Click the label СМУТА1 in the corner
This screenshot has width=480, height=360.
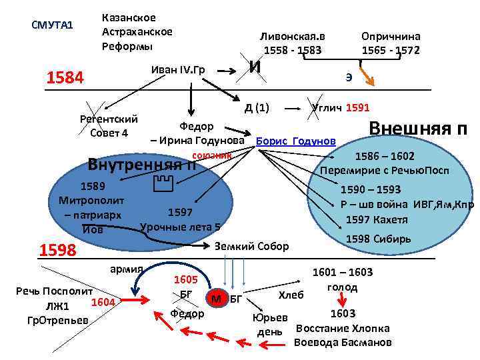coord(51,25)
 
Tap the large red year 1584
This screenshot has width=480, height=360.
coord(65,78)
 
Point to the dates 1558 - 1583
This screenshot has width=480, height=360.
coord(293,51)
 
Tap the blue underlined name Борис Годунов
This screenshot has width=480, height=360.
coord(295,141)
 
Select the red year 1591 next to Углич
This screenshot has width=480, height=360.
coord(358,107)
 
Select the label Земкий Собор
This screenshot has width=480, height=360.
coord(252,246)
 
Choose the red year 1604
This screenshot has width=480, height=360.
coord(103,303)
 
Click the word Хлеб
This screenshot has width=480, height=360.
coord(290,294)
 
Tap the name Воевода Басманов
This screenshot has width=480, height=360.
coord(343,343)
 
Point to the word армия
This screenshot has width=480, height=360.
coord(127,269)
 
